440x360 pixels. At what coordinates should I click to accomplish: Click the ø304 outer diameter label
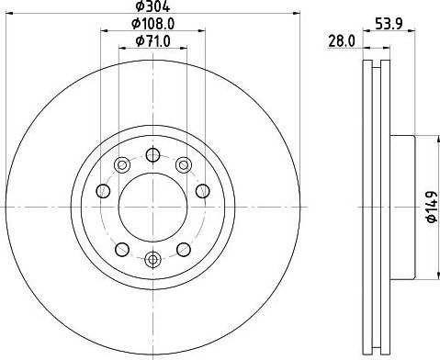(x=152, y=6)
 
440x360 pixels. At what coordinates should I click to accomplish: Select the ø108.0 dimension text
(x=152, y=24)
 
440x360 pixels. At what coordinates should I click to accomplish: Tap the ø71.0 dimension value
(x=152, y=41)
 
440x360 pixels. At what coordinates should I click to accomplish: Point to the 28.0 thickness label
(x=342, y=41)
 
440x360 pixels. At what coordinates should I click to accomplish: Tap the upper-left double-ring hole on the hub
(x=121, y=165)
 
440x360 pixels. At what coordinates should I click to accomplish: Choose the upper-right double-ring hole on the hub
(x=184, y=165)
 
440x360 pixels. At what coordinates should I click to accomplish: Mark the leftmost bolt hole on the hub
(x=102, y=191)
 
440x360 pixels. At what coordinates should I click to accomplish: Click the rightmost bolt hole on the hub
(x=203, y=191)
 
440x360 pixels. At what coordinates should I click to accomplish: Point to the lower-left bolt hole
(x=121, y=249)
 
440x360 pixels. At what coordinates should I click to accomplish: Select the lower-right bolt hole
(x=184, y=249)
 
